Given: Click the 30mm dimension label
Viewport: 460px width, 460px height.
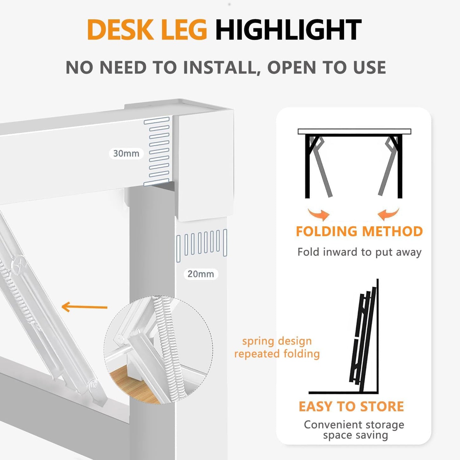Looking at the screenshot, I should point(126,153).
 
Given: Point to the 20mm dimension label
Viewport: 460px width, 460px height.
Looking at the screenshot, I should point(201,274).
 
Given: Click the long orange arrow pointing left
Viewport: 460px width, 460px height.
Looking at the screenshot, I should point(84,307).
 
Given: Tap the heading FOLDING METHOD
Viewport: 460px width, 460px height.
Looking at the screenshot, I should point(359,231).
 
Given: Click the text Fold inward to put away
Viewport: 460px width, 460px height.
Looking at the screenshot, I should point(359,252).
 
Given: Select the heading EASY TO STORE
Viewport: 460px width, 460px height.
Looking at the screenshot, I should point(351,407).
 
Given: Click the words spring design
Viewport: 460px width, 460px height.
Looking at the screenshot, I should point(277,341).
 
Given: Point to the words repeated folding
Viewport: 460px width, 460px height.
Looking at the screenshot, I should point(277,354).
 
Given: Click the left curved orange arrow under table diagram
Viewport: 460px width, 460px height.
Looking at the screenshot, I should point(318,214).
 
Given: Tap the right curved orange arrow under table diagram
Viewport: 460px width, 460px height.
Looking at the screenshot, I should point(389,214).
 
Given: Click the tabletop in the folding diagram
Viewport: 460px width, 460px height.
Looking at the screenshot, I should point(354,131).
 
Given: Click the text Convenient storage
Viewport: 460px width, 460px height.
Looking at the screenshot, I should point(354,424).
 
